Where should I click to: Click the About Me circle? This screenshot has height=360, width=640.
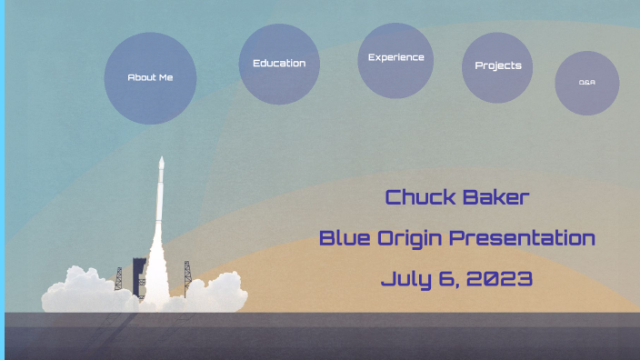[x=150, y=78]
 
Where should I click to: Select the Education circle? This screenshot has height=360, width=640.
[x=279, y=64]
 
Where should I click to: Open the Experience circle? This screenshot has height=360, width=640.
[x=395, y=59]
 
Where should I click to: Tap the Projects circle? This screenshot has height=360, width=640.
[x=497, y=66]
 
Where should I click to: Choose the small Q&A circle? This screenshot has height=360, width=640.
[x=586, y=83]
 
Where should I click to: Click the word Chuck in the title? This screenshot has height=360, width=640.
[x=418, y=197]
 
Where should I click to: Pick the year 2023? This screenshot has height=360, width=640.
[x=499, y=279]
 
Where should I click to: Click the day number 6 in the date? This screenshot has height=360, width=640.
[x=450, y=279]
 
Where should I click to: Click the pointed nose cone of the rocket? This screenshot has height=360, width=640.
[x=162, y=162]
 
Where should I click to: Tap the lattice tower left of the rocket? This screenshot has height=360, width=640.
[x=119, y=277]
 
